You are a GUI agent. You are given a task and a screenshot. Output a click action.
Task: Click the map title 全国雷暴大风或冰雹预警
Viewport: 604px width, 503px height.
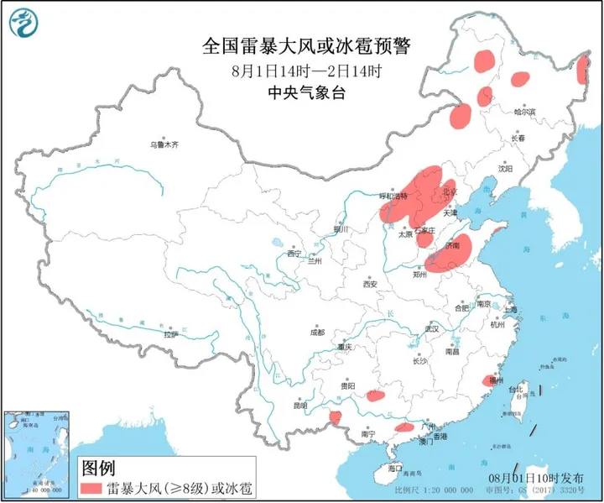pyautogui.click(x=303, y=46)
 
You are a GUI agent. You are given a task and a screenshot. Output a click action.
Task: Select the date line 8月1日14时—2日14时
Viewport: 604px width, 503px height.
pyautogui.click(x=303, y=71)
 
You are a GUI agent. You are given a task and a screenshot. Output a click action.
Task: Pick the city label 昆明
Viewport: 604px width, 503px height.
pyautogui.click(x=300, y=406)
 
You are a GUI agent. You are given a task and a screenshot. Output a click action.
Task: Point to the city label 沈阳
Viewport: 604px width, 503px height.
pyautogui.click(x=504, y=168)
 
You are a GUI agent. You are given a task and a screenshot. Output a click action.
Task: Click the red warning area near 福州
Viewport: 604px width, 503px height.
pyautogui.click(x=489, y=380)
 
